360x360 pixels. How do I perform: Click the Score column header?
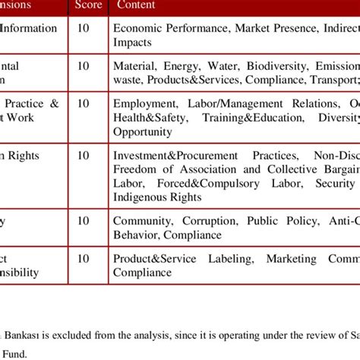click(89, 5)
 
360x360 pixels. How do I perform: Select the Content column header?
click(136, 5)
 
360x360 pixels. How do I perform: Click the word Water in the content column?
click(218, 65)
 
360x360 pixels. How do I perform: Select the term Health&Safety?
click(149, 118)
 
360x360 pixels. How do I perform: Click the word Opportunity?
click(143, 131)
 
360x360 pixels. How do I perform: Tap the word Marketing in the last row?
click(292, 259)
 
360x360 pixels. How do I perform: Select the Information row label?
click(30, 28)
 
